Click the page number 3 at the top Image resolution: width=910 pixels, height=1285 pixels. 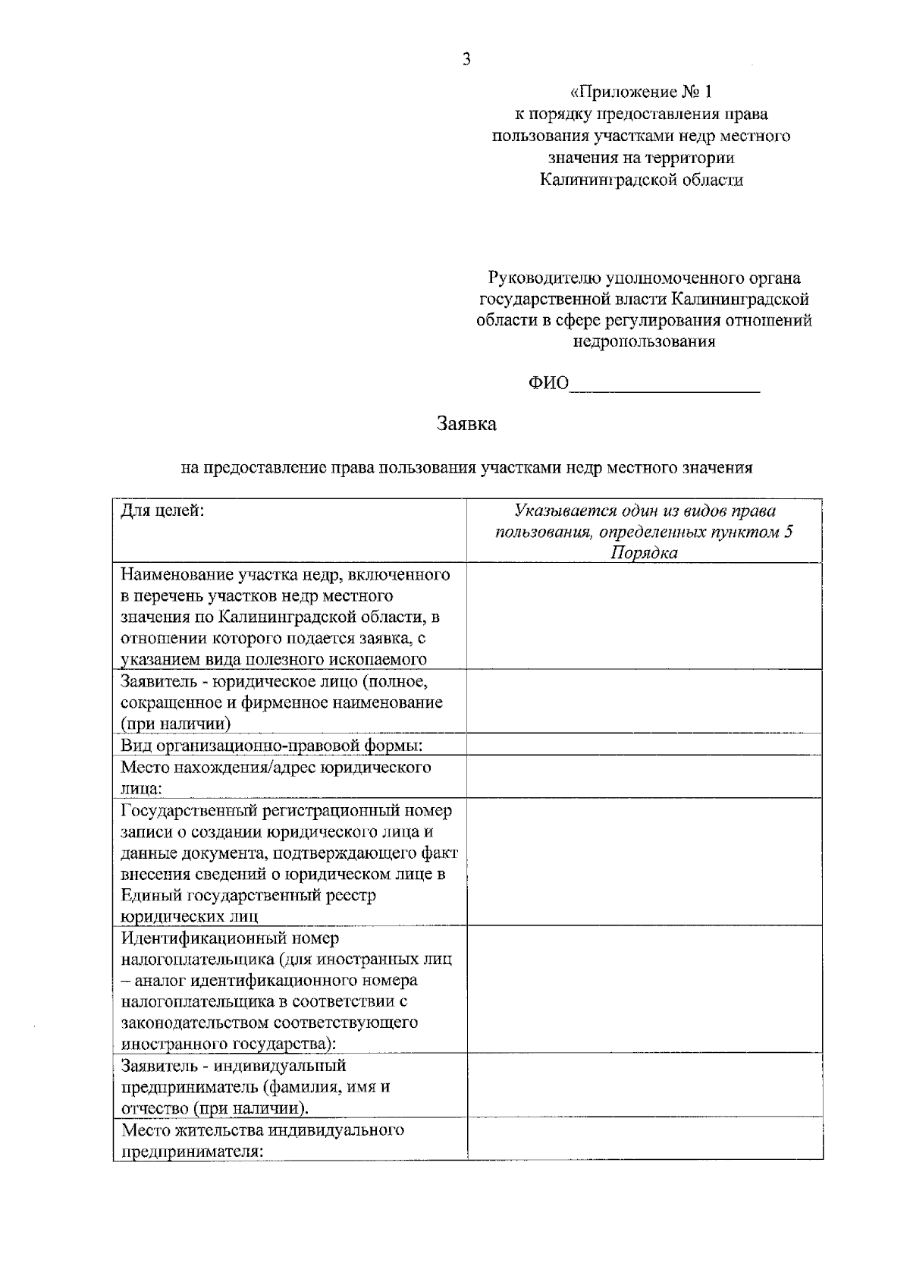tap(466, 59)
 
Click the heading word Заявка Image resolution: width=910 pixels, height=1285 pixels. tap(466, 424)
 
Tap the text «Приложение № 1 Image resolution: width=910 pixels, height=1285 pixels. tap(642, 93)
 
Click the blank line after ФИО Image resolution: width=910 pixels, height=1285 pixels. tap(664, 385)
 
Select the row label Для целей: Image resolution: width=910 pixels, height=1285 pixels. tap(162, 511)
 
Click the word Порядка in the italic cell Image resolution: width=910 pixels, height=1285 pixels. tap(644, 553)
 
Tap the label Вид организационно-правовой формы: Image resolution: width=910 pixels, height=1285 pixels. tap(271, 746)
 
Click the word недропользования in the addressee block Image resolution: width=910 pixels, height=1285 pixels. tap(644, 341)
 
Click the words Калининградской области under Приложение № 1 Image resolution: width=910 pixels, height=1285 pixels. tap(642, 181)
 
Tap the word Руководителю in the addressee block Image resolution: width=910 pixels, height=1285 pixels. tap(542, 278)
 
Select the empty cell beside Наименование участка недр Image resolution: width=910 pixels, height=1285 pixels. tap(644, 616)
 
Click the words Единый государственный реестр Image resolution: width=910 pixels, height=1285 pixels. tap(248, 896)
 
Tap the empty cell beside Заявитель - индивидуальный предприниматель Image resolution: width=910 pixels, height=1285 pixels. tap(644, 1085)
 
